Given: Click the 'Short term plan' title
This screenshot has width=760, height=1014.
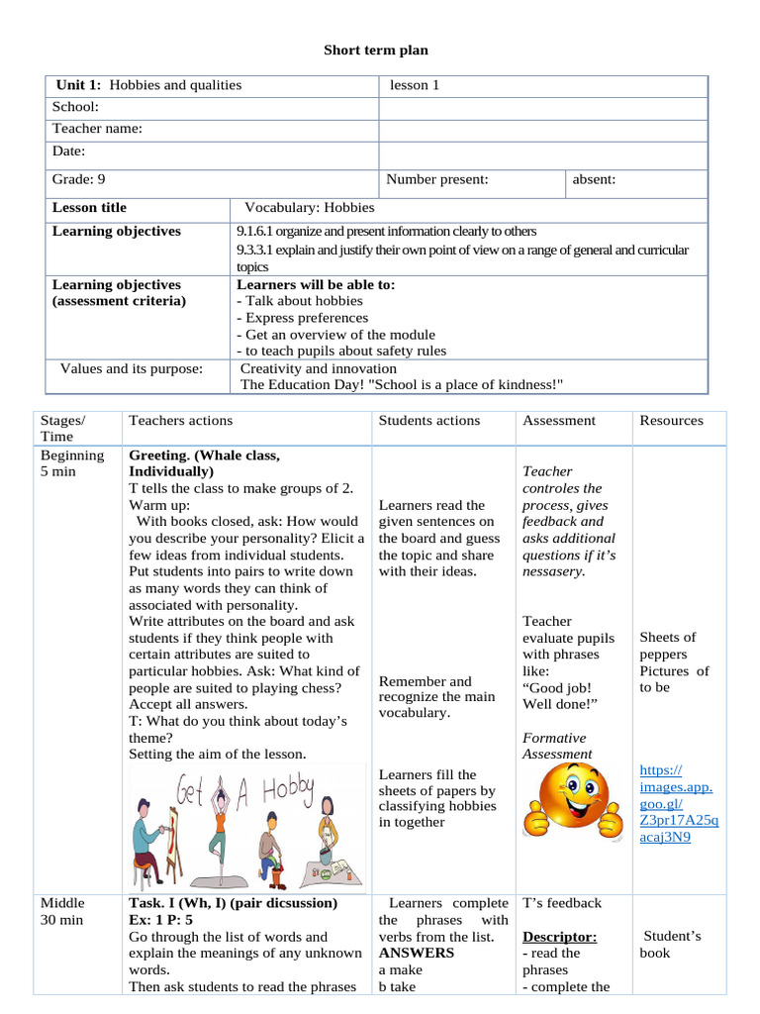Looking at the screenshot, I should [376, 50].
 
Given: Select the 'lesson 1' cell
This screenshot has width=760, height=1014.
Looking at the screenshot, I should [414, 85].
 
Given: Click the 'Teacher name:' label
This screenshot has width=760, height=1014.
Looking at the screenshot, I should [97, 129].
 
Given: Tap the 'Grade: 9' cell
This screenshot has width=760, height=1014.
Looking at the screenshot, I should [79, 179].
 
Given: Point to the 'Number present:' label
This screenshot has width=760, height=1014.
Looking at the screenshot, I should [436, 179].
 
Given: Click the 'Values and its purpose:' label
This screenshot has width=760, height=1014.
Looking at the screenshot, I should [132, 368].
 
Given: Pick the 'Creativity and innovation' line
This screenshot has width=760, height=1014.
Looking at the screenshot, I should [317, 368].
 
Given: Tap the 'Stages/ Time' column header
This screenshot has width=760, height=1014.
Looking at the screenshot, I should [62, 428].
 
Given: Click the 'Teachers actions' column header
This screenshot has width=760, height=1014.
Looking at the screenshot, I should [180, 420].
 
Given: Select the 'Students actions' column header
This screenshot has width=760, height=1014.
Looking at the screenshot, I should [429, 420].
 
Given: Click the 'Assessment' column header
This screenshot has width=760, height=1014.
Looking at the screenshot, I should [559, 420].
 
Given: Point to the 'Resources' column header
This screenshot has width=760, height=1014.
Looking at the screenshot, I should [671, 420].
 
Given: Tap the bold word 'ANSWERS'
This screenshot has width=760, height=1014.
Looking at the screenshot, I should [417, 953].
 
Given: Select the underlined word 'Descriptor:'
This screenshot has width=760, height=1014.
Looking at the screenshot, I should [559, 936].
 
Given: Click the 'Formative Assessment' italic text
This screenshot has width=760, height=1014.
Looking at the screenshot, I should [554, 746].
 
